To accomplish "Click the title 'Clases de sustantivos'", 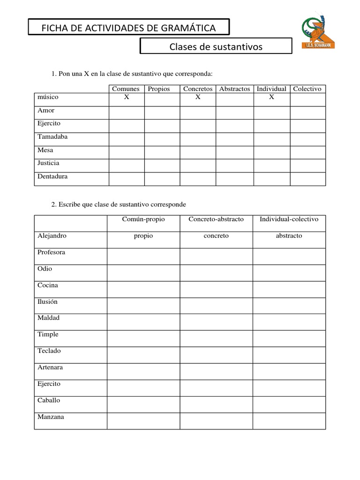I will pos(216,47).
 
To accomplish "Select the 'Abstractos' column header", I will pos(234,89).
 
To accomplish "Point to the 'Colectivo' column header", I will pos(307,89).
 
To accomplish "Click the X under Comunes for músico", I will pos(126,97).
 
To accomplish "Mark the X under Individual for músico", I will pos(271,97).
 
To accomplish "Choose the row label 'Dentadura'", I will pos(52,176).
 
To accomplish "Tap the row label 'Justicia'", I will pos(48,163).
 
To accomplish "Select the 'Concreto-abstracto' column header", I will pos(216,219).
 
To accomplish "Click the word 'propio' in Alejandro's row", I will pos(143,236).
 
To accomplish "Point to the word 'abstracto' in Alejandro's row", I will pos(289,236).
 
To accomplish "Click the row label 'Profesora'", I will pos(51,252).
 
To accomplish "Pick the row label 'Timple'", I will pos(48,334).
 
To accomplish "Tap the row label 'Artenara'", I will pos(50,367).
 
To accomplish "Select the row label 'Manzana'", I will pos(51,417).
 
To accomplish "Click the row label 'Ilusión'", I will pos(47,301).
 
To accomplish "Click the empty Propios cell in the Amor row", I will pos(162,112).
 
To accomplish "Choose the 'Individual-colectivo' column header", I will pos(289,219).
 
